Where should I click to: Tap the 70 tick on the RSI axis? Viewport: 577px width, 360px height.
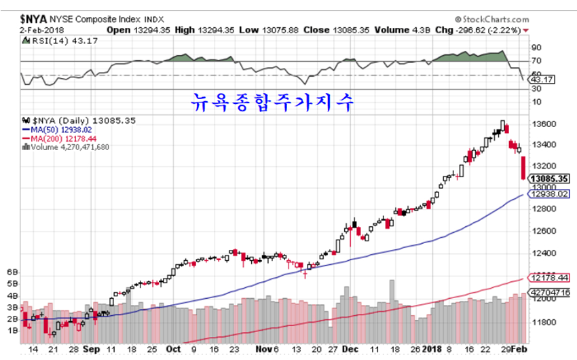pos(536,61)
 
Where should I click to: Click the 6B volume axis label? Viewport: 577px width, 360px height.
pos(12,272)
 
